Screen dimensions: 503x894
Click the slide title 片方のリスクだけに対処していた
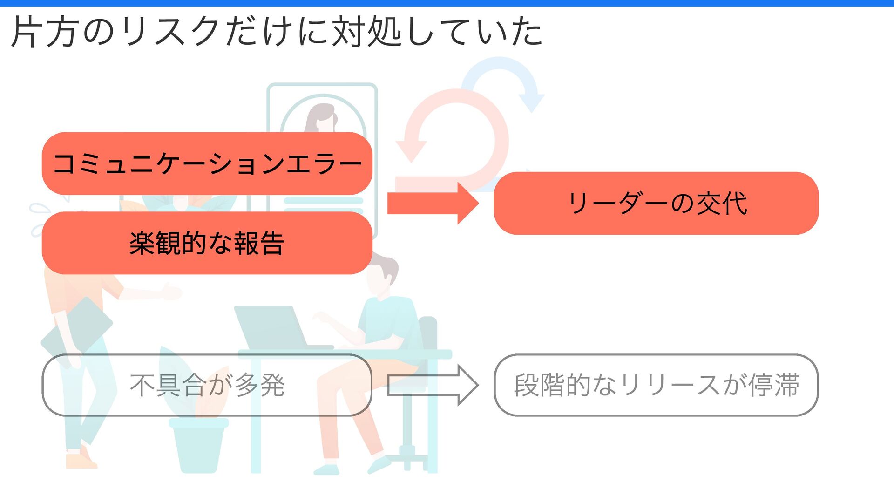click(277, 32)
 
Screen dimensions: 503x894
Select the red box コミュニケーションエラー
click(207, 163)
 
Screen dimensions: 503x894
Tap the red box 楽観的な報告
click(207, 243)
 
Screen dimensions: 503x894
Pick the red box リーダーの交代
click(656, 203)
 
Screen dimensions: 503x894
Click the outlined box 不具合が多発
click(207, 385)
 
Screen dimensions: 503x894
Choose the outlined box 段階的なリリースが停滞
click(656, 385)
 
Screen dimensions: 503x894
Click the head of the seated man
click(382, 275)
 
